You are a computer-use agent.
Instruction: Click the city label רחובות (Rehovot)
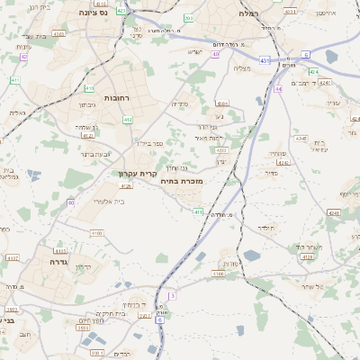118,97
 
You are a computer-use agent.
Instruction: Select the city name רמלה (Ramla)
249,13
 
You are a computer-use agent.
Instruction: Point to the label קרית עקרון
138,173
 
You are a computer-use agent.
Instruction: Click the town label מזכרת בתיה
183,181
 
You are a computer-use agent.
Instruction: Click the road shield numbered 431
264,59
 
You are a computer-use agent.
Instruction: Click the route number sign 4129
306,257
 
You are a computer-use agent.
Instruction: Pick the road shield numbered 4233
221,149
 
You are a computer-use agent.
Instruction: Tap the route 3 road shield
171,295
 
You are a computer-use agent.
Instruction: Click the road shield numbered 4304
222,103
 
